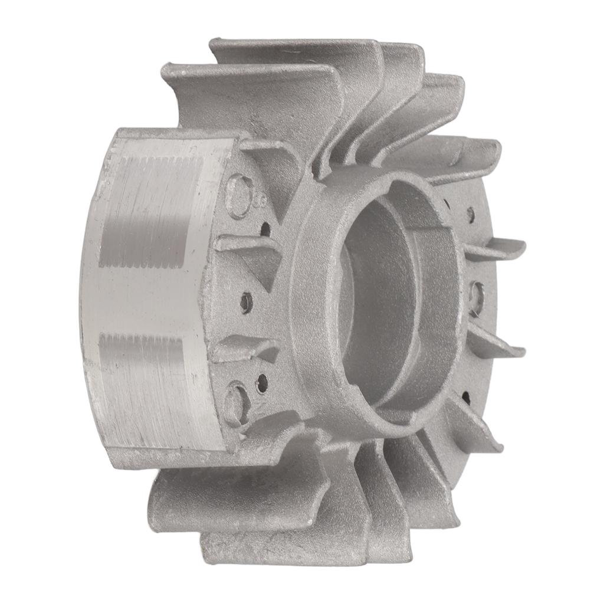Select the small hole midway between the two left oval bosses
[x=247, y=303]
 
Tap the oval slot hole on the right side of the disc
[x=477, y=298]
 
